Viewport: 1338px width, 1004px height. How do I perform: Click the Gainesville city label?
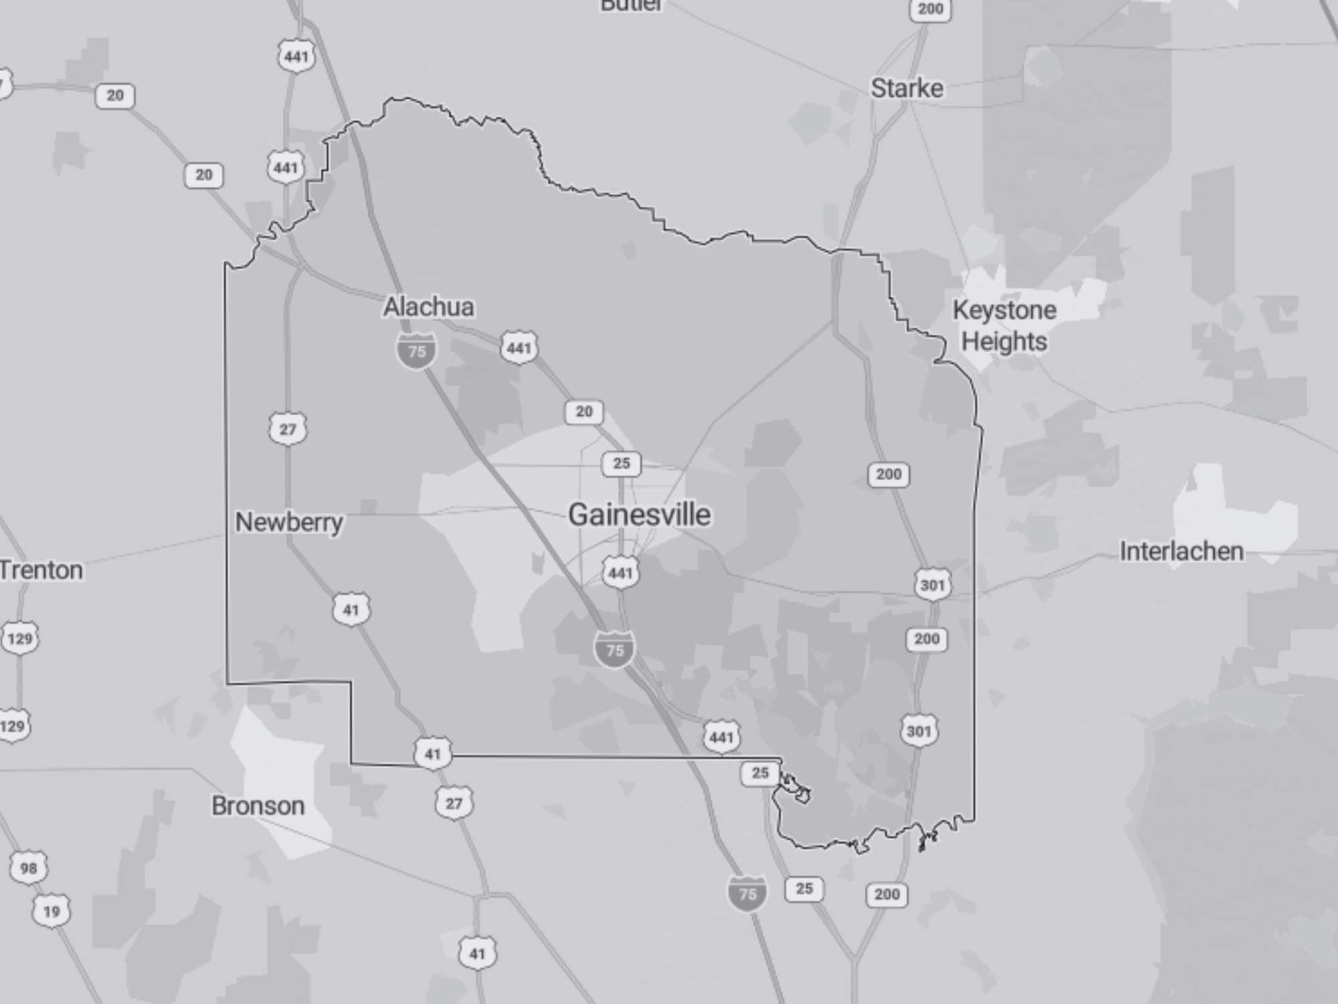[639, 515]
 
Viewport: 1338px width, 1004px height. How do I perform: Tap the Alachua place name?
[429, 307]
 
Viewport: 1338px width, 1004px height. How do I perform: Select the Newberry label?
[289, 522]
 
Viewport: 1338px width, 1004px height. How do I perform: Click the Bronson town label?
[258, 806]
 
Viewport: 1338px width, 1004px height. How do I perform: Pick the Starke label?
[906, 88]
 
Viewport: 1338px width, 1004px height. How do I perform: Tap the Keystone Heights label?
[1004, 326]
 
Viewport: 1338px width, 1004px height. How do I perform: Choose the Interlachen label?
[1181, 552]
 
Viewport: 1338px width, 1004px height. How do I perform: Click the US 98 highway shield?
[29, 868]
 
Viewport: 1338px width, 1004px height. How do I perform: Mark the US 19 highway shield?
[52, 911]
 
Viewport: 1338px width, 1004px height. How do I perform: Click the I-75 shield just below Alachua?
[417, 351]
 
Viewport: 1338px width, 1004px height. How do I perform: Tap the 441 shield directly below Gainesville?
[620, 573]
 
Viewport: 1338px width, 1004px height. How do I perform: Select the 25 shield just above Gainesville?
[622, 463]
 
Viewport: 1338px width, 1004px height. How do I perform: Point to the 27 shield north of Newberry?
[288, 429]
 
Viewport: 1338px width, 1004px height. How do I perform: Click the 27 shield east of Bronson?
[454, 803]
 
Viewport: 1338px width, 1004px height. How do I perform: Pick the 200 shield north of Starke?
[930, 9]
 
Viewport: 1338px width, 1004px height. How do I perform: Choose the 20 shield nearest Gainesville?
[584, 412]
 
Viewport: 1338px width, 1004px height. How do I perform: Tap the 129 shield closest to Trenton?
[20, 639]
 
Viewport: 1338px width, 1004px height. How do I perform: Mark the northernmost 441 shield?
[296, 56]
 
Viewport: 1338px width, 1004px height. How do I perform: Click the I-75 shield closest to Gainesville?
[614, 649]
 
